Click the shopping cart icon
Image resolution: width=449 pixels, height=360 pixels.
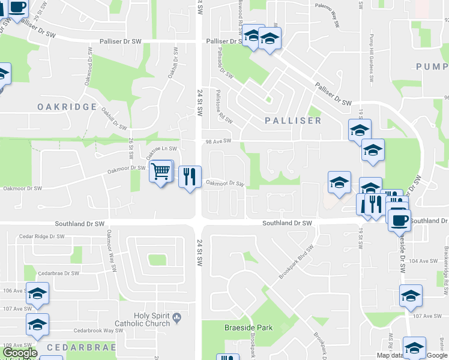(160, 172)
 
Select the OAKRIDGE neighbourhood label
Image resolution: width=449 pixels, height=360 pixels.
(67, 107)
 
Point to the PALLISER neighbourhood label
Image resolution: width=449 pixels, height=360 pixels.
(294, 121)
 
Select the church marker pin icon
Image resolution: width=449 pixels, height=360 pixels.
(176, 317)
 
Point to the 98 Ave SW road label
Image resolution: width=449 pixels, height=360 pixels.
(218, 141)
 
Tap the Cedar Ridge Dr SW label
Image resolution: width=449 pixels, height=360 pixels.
(41, 236)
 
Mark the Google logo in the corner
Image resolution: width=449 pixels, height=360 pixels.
(19, 353)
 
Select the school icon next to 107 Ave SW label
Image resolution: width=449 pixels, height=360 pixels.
(411, 296)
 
